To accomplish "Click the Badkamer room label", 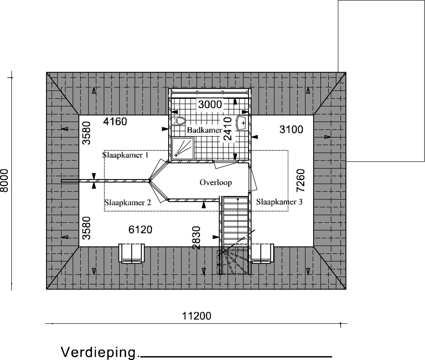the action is pos(205,130).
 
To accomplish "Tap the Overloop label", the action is pos(216,183).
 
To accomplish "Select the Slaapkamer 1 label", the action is pos(125,155).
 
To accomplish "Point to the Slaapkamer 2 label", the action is pos(128,203).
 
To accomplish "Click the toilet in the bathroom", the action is pos(179,121).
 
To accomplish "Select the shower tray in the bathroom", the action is pos(183,149).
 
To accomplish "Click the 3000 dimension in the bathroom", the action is pos(210,105).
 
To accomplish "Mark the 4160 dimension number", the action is pos(115,122).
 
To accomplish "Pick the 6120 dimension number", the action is pos(141,230).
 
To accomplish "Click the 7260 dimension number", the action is pos(301,181).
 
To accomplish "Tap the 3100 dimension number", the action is pos(291,130).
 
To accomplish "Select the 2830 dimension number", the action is pos(196,238).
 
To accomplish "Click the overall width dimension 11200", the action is pos(196,316).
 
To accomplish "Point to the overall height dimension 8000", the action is pos(4,181).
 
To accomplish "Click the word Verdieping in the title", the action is pos(98,352).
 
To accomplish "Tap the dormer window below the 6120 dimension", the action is pos(132,253).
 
